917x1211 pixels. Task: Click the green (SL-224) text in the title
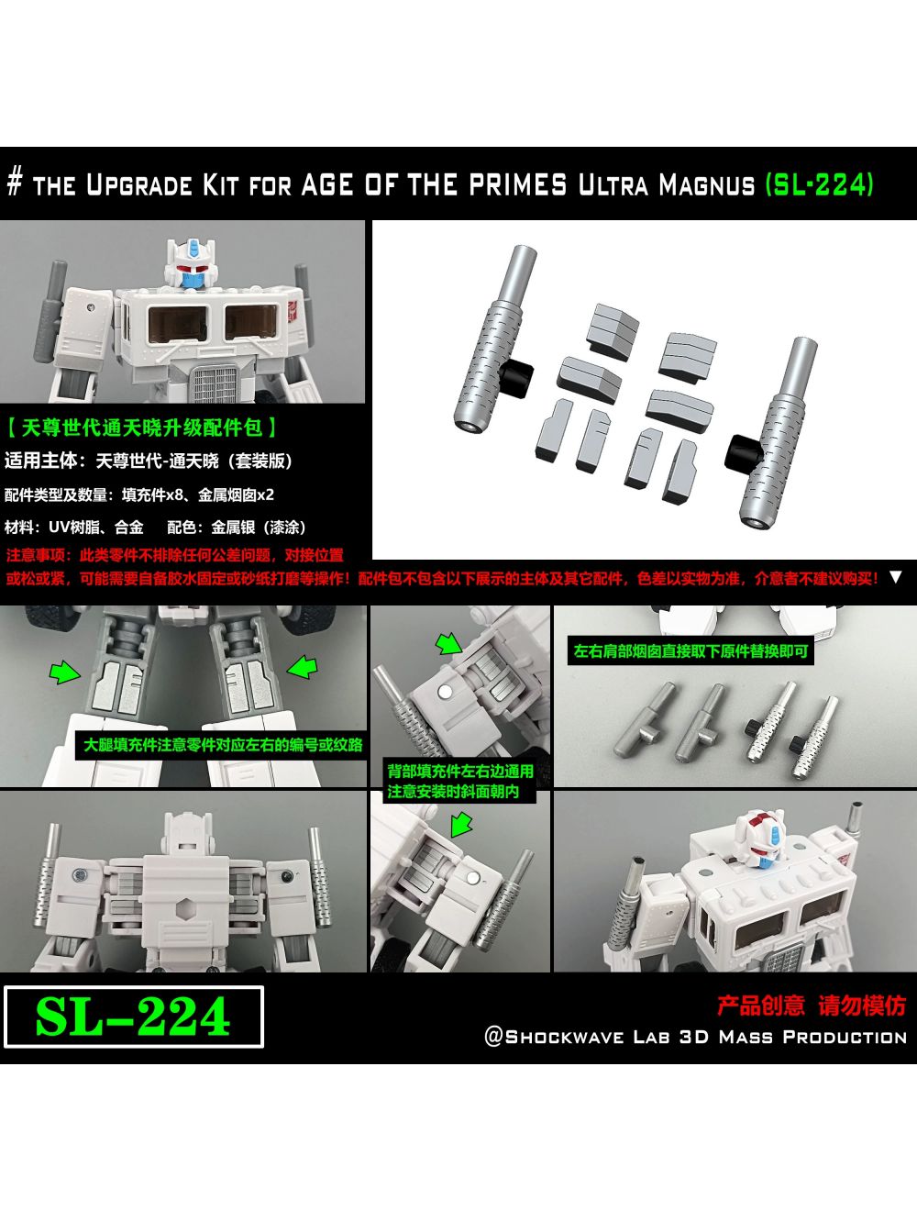(x=819, y=184)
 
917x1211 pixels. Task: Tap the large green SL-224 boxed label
(x=133, y=1017)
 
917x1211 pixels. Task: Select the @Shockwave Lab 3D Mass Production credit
(x=695, y=1038)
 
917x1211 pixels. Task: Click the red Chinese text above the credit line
(x=811, y=1005)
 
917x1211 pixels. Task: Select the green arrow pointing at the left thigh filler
(x=64, y=673)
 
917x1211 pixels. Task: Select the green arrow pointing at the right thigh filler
(x=302, y=667)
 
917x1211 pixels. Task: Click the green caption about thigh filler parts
(x=223, y=744)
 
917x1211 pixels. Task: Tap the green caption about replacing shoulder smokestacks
(x=691, y=651)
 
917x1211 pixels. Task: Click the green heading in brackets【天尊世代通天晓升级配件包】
(x=142, y=428)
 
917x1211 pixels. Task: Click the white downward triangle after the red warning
(x=896, y=577)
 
